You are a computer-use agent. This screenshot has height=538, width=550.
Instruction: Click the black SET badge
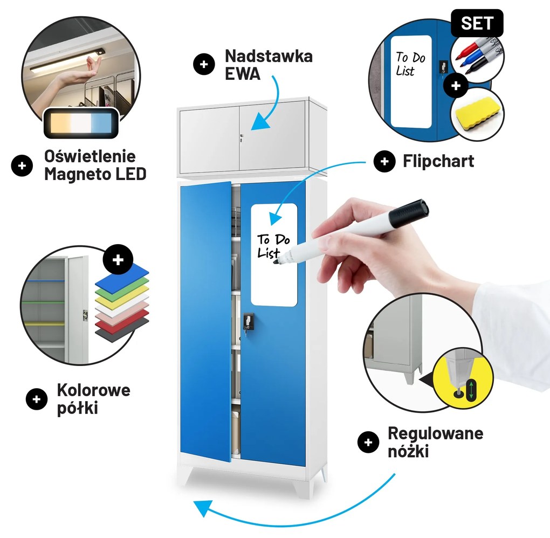pos(477,23)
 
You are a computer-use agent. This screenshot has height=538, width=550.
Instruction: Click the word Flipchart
pos(438,161)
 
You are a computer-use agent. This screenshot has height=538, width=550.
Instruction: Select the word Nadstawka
pos(269,56)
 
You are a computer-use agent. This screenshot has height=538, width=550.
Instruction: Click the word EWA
pos(243,74)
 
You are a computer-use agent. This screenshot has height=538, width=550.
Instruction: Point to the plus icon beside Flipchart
pos(384,161)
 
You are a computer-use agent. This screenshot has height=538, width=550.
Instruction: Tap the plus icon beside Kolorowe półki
pos(37,399)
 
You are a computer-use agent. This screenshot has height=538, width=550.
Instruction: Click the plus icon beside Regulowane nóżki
pos(368,442)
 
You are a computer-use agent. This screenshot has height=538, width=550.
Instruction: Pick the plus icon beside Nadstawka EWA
pos(204,65)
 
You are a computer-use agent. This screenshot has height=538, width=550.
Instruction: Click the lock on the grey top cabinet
pos(242,137)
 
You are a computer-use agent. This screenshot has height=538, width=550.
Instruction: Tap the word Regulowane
pos(435,434)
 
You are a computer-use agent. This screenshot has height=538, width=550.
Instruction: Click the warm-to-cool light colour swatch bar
pos(81,123)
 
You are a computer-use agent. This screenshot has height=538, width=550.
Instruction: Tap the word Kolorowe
pos(94,390)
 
